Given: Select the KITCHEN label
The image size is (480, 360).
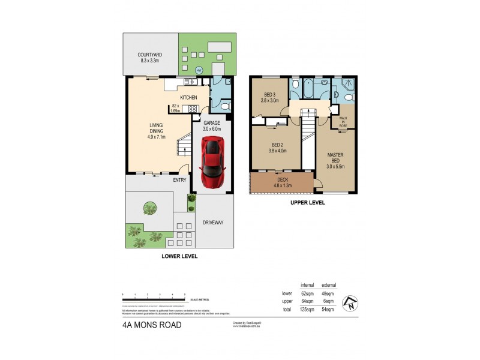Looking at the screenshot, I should pyautogui.click(x=190, y=98).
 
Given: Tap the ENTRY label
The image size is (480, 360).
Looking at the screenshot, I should pyautogui.click(x=179, y=180).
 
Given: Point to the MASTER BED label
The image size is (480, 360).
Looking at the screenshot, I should pyautogui.click(x=335, y=158).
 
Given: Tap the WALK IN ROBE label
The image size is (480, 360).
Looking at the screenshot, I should pyautogui.click(x=343, y=121).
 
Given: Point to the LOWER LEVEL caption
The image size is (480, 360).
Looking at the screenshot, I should pyautogui.click(x=179, y=256).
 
